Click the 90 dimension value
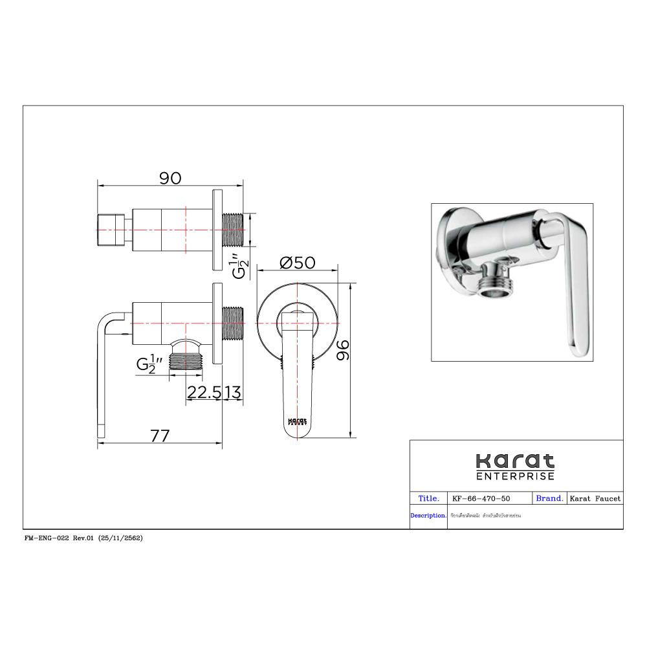170,178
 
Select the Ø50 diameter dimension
297,262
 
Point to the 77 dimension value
160,436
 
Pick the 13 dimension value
234,392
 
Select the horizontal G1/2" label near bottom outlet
146,364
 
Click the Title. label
429,499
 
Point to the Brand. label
549,499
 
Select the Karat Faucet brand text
595,499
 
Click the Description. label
428,516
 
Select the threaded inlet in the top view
234,230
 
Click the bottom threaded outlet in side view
186,360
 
